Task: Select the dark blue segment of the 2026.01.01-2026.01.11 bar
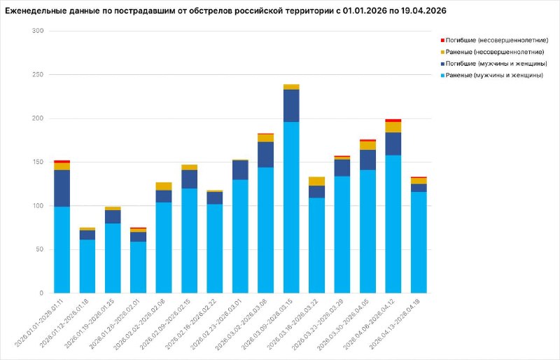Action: (62, 188)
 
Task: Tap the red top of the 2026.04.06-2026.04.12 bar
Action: (393, 120)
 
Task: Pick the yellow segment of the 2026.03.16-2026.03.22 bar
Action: (316, 181)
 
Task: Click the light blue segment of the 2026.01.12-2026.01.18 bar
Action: (87, 266)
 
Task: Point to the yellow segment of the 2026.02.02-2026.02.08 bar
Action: (164, 186)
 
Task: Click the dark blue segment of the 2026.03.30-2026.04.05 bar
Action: (367, 160)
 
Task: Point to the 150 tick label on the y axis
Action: (38, 162)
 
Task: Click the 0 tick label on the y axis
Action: (41, 293)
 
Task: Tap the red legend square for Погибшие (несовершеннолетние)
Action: (442, 41)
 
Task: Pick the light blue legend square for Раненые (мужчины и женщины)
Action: (442, 76)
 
